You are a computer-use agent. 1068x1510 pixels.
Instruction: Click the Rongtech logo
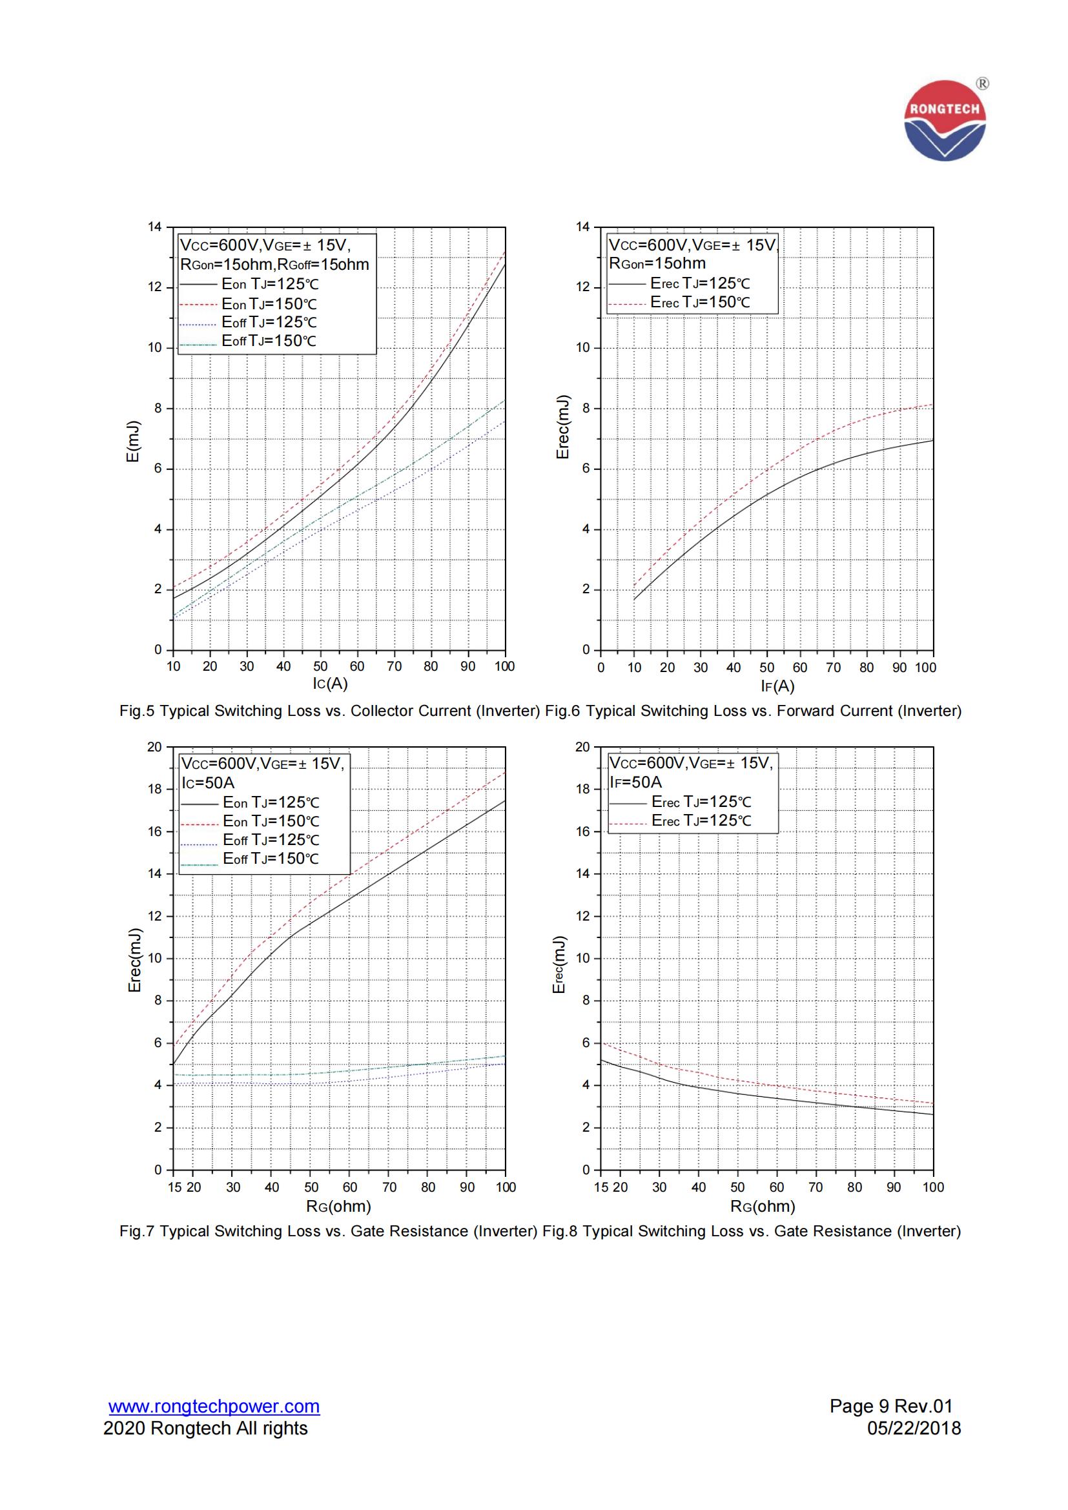[945, 120]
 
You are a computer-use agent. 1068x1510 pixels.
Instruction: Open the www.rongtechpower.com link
[214, 1406]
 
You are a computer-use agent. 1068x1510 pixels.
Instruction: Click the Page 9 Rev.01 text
[890, 1406]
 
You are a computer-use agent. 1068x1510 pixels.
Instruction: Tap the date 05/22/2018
[914, 1428]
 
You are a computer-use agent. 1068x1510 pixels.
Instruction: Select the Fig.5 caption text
[329, 711]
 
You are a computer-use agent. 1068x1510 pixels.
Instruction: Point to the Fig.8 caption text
[752, 1231]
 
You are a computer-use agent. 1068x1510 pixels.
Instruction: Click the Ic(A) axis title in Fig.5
[330, 684]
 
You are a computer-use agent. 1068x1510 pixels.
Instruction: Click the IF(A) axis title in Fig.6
[777, 687]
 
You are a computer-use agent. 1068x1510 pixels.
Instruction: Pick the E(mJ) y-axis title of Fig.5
[134, 441]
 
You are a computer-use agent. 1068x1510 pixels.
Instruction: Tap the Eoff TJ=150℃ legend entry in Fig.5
[269, 342]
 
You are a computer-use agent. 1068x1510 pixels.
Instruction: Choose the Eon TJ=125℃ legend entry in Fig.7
[271, 802]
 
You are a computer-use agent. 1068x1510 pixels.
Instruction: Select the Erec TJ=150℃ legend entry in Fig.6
[700, 303]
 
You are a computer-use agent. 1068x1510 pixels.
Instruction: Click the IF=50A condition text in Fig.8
[635, 782]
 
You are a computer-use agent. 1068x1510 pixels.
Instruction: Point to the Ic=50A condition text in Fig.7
[208, 782]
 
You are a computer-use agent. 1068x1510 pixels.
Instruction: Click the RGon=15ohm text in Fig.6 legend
[657, 264]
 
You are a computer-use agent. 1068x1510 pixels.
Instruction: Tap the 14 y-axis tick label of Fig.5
[154, 227]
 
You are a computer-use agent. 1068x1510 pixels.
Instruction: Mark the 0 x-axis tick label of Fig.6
[601, 668]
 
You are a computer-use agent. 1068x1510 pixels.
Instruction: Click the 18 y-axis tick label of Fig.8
[582, 789]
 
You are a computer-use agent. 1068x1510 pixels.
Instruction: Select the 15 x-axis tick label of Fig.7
[174, 1188]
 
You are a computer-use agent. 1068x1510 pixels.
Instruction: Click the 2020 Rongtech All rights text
[205, 1429]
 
